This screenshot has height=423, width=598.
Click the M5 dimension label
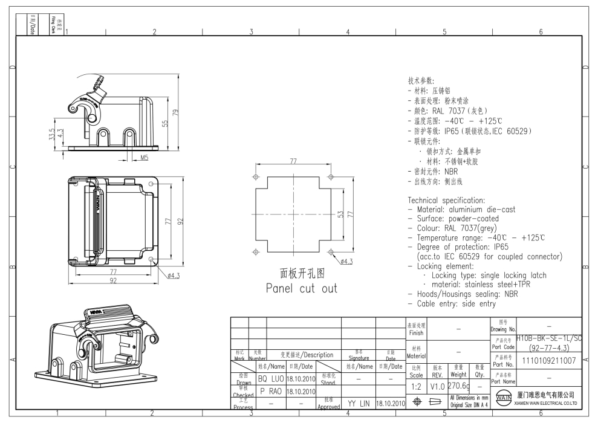pyautogui.click(x=145, y=158)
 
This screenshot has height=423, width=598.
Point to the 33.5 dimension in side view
pyautogui.click(x=53, y=134)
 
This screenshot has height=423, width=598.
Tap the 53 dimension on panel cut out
pyautogui.click(x=340, y=215)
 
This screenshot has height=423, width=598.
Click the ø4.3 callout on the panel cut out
pyautogui.click(x=347, y=261)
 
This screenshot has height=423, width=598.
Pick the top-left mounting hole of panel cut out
pyautogui.click(x=255, y=177)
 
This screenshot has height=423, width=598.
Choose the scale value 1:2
pyautogui.click(x=416, y=386)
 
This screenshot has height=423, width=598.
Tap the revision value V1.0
pyautogui.click(x=438, y=386)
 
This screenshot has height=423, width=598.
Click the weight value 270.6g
pyautogui.click(x=459, y=386)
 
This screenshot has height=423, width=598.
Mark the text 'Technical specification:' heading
pyautogui.click(x=446, y=200)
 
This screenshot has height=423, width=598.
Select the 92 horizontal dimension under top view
pyautogui.click(x=113, y=281)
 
